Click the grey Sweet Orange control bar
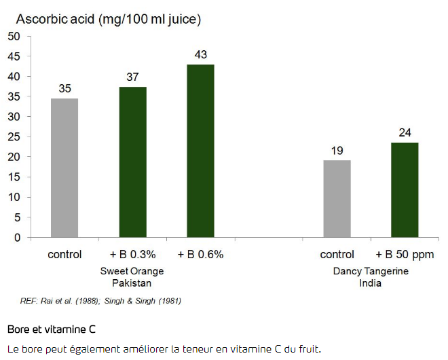coord(64,168)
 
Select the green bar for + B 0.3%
coord(132,162)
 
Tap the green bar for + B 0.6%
coord(200,151)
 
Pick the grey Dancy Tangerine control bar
coord(337,199)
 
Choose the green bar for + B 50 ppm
coord(405,190)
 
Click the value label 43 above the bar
coord(200,54)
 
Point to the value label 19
coord(337,150)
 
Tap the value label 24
coord(405,132)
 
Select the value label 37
coord(132,77)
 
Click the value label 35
coord(64,88)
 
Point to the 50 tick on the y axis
coord(14,36)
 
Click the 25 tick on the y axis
coord(14,137)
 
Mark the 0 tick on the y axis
coord(17,238)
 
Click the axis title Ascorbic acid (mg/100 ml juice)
coord(109,18)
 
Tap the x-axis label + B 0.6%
coord(200,255)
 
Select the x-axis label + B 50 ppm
coord(405,255)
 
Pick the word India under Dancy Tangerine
coord(371,283)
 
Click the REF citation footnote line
coord(100,300)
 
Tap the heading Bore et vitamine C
coord(51,329)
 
